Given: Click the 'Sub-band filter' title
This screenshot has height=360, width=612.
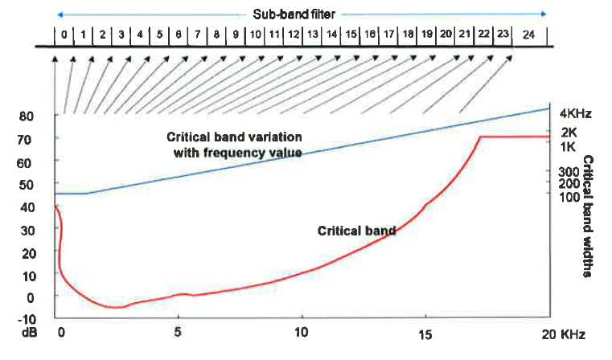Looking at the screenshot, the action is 294,14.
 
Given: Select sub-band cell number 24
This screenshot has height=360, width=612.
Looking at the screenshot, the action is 528,35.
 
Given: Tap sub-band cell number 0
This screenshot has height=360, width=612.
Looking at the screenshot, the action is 64,35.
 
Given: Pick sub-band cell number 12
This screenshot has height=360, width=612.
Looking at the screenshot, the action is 293,35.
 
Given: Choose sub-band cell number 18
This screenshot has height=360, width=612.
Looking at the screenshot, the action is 408,35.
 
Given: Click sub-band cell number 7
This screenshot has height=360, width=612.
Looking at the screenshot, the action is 198,35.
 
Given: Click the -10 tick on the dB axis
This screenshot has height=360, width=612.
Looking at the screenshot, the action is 27,320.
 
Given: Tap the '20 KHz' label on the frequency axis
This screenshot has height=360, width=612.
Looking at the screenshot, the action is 563,334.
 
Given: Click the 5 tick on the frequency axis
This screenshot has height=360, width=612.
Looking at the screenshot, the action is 178,332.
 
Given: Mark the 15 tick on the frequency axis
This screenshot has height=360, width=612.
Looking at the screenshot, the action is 425,334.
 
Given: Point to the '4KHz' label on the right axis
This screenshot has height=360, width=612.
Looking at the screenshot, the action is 576,114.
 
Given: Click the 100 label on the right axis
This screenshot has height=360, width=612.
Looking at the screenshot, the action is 569,198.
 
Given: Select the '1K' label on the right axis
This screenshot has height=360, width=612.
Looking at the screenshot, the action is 568,147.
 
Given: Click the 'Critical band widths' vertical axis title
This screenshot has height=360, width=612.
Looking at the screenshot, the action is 587,216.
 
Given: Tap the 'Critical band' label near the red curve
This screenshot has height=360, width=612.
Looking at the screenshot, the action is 356,231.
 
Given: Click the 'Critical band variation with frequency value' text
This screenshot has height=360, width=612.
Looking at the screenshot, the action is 234,145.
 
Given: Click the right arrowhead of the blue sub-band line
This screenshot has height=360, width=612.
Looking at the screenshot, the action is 544,14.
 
